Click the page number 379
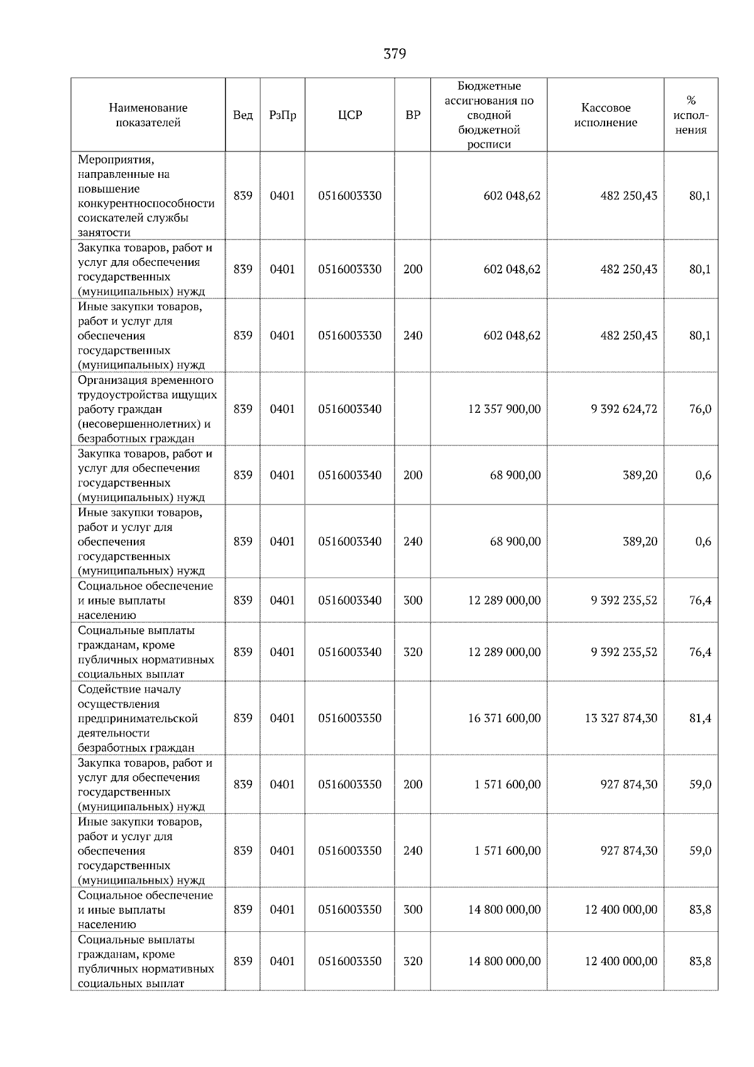pos(394,54)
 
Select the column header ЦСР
pos(349,115)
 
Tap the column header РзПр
pos(282,115)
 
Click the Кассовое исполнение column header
pos(605,115)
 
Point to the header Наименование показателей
pos(148,115)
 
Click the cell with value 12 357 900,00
pos(504,409)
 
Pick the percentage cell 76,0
pos(700,409)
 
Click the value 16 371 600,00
pos(504,718)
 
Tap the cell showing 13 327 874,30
pos(621,718)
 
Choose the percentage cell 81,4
pos(700,718)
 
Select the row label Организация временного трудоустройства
pos(147,409)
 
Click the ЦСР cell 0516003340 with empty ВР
pos(349,409)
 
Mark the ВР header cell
pos(412,115)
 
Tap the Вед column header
pos(243,115)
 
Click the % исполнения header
pos(691,115)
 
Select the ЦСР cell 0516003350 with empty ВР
pos(349,718)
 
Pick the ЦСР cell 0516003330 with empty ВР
pos(349,196)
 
